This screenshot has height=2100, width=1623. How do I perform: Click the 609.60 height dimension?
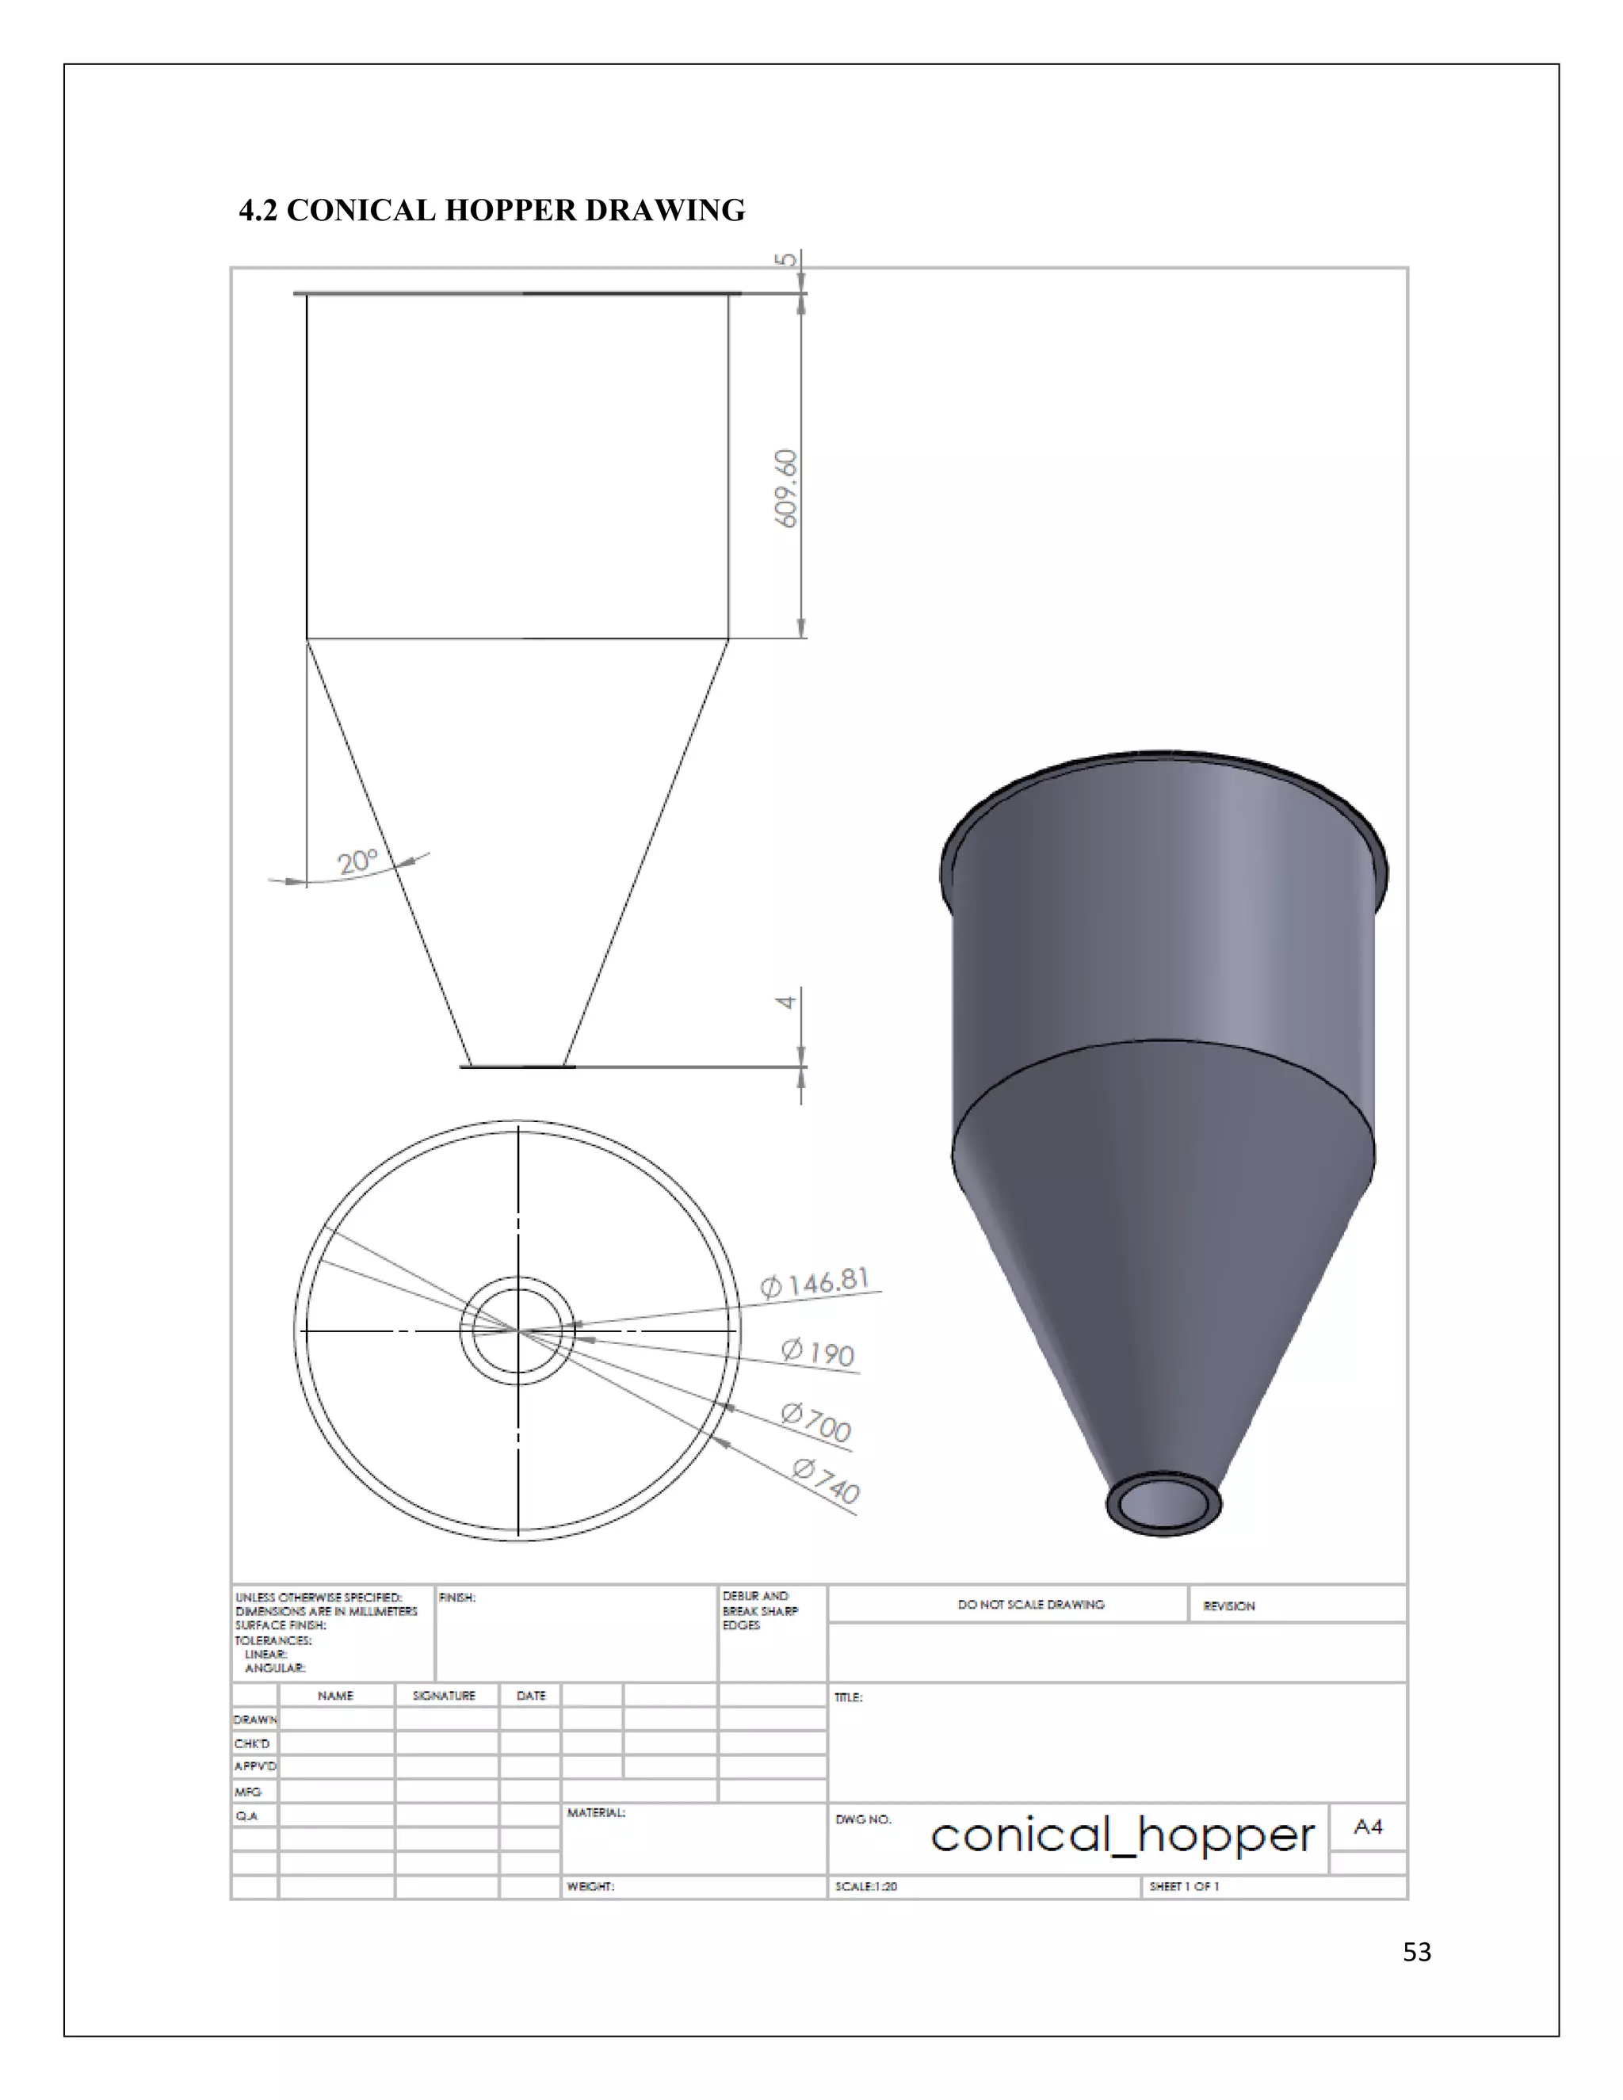pos(785,488)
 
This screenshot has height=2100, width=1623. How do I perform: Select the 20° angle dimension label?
pos(357,861)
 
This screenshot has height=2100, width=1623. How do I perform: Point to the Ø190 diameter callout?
pos(818,1352)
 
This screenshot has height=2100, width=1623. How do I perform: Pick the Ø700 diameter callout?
pos(816,1422)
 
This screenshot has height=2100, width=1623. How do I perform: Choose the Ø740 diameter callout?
pos(826,1481)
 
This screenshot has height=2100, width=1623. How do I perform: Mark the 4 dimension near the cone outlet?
pos(785,1002)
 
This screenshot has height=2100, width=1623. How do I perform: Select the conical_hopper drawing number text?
pos(1122,1837)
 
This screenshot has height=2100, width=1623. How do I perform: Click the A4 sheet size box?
pos(1367,1827)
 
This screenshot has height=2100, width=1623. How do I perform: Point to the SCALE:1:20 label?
pos(865,1887)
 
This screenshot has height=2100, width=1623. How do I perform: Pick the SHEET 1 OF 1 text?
pos(1184,1887)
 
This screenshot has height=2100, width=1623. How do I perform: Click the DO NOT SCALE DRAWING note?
pos(1031,1605)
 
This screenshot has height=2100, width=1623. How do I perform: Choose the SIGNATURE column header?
pos(445,1695)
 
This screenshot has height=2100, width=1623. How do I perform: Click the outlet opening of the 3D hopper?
pos(1163,1502)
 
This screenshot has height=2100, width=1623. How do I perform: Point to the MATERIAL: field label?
pos(596,1812)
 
